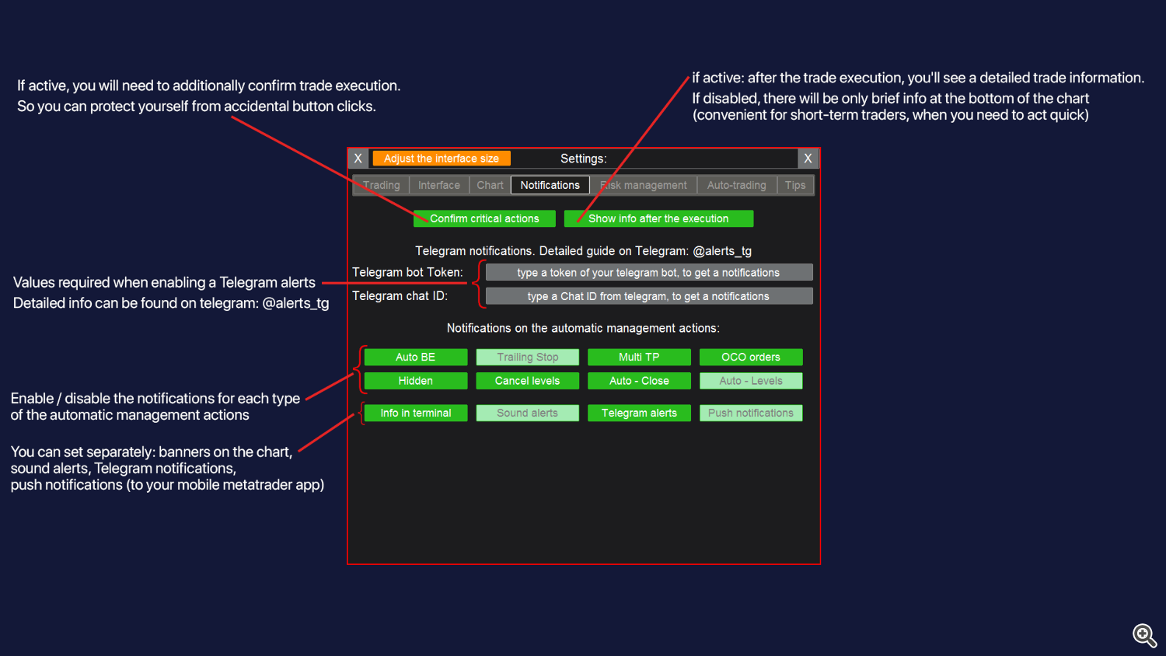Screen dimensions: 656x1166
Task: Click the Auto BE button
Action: pyautogui.click(x=415, y=357)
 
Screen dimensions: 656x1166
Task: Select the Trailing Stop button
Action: pyautogui.click(x=527, y=357)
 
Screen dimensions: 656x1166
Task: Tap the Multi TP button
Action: pyautogui.click(x=639, y=357)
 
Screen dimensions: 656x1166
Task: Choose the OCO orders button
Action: pyautogui.click(x=750, y=357)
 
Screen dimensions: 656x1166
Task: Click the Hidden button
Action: pyautogui.click(x=415, y=381)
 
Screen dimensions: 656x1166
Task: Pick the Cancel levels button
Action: pyautogui.click(x=527, y=381)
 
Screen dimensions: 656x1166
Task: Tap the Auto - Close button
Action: pyautogui.click(x=639, y=381)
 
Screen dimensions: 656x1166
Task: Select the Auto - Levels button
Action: pyautogui.click(x=750, y=381)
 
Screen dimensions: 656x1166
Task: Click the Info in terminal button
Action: pyautogui.click(x=415, y=413)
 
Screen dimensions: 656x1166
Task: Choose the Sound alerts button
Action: pyautogui.click(x=527, y=413)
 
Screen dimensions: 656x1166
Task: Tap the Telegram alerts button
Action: pyautogui.click(x=639, y=413)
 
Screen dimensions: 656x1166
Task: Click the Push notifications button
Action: pyautogui.click(x=750, y=413)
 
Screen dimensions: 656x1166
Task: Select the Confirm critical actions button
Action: pyautogui.click(x=484, y=218)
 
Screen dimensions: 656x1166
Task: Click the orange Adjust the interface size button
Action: pyautogui.click(x=441, y=159)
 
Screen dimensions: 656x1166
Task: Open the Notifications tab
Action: pyautogui.click(x=550, y=185)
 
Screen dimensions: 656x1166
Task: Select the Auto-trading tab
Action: pyautogui.click(x=736, y=185)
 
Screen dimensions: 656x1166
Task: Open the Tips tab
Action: pyautogui.click(x=794, y=185)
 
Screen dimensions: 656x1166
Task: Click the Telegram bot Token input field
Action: pyautogui.click(x=648, y=272)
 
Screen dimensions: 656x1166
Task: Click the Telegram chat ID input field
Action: pyautogui.click(x=648, y=296)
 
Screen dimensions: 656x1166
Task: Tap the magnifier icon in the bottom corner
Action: pyautogui.click(x=1143, y=635)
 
